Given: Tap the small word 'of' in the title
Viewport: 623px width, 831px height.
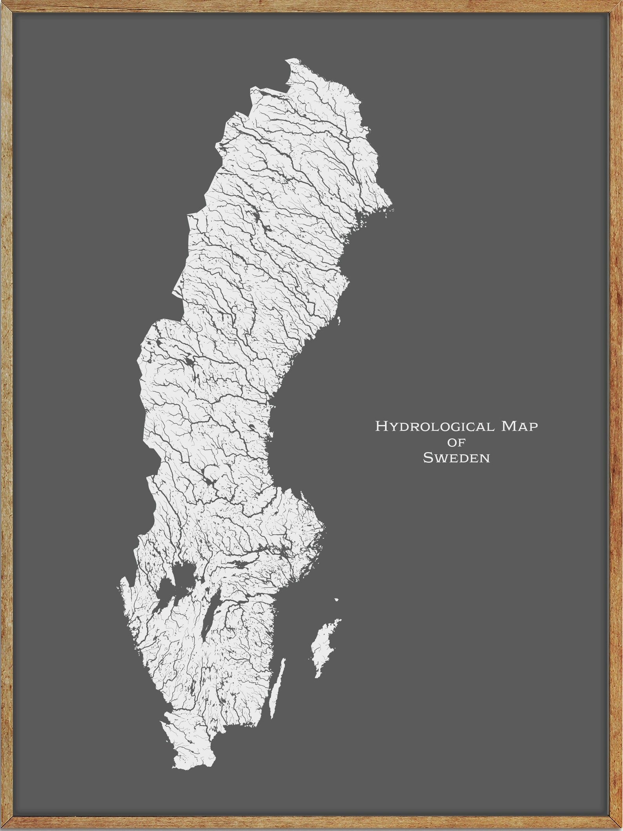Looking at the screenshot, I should pos(456,443).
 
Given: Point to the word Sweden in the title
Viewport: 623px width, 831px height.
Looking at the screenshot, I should pos(456,458).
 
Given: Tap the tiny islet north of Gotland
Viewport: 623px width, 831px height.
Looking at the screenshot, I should pos(336,600).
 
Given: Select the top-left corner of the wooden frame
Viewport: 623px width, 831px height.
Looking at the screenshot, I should pos(4,4).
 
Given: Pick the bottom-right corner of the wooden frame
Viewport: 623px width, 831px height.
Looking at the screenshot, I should pos(619,827).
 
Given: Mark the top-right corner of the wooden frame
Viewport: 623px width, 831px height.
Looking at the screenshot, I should pos(619,4).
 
